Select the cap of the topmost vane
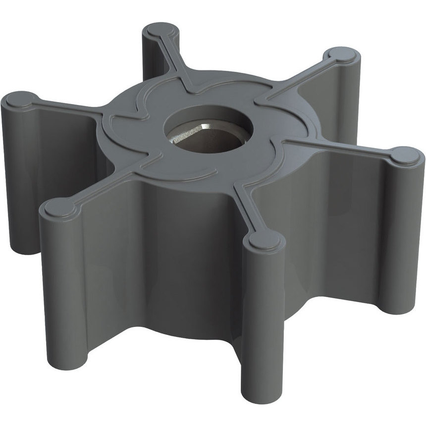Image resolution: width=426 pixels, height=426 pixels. pyautogui.click(x=160, y=31)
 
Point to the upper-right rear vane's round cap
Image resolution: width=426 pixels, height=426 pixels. pyautogui.click(x=341, y=56)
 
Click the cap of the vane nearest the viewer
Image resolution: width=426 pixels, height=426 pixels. pyautogui.click(x=265, y=240)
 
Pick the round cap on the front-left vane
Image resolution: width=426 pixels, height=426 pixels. pyautogui.click(x=60, y=208)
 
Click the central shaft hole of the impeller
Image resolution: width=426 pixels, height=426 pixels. pyautogui.click(x=208, y=130)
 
